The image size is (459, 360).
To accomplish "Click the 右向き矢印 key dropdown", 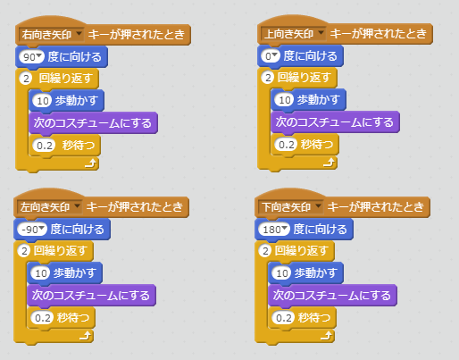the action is click(51, 35).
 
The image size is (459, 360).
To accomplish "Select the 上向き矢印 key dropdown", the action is click(293, 34).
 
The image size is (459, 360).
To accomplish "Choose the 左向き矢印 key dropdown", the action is click(49, 207).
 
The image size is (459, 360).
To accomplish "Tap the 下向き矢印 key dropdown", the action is click(290, 206).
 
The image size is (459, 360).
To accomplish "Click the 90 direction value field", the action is click(31, 56).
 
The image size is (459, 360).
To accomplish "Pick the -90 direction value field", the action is click(32, 230).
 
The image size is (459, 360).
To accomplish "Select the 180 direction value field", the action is click(274, 230).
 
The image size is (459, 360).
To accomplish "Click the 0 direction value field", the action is click(271, 55).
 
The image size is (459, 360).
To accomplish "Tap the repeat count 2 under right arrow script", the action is click(26, 79).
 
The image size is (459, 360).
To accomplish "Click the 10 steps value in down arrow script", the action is click(282, 273).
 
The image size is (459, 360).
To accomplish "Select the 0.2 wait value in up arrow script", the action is click(286, 145).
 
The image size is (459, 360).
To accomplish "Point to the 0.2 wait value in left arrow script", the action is click(42, 318).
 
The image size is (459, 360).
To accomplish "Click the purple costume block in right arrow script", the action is click(93, 122).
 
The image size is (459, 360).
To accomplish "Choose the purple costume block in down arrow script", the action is click(332, 295).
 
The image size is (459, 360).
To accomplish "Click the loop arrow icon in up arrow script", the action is click(329, 163).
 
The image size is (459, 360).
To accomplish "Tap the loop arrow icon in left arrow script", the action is click(85, 336).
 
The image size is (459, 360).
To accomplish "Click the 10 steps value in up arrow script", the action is click(285, 100).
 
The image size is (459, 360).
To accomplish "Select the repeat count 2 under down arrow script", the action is click(265, 251).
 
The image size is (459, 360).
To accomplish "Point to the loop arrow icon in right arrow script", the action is click(91, 163).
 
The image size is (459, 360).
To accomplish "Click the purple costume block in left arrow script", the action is click(91, 295).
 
